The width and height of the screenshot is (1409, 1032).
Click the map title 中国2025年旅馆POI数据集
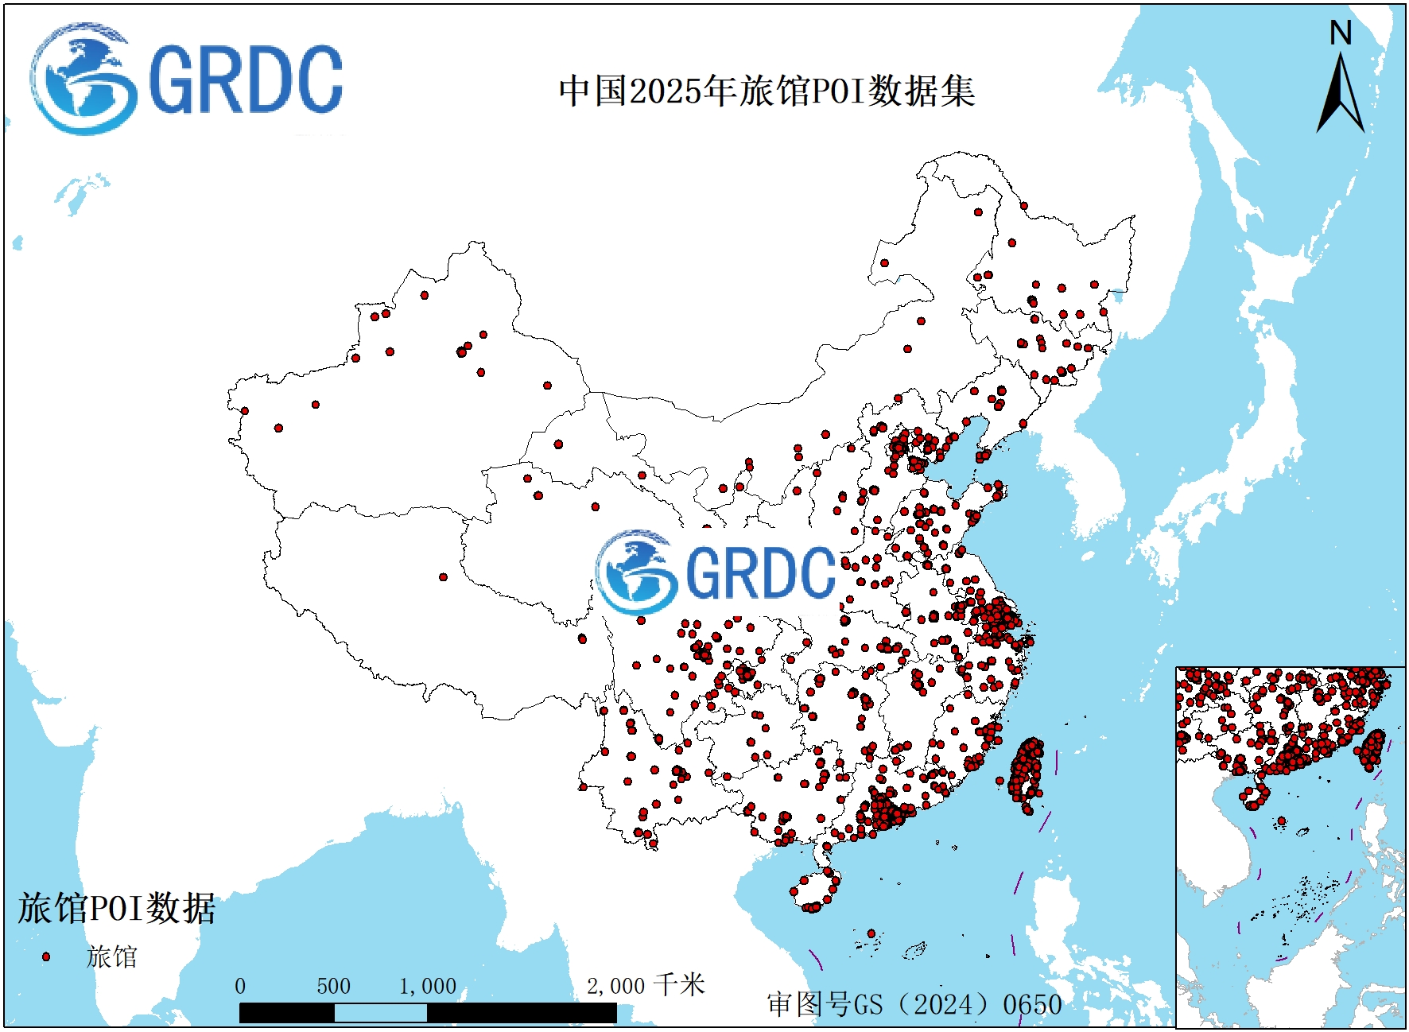point(767,91)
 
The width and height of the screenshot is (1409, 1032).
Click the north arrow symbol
point(1341,95)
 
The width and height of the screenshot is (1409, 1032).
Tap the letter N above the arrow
point(1341,33)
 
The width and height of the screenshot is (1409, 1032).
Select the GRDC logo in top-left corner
point(187,79)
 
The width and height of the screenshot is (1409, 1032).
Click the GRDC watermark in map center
point(716,572)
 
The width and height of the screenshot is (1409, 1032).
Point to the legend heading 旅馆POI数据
point(117,908)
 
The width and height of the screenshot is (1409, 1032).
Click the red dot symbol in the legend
point(46,956)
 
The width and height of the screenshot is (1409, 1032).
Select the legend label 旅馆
point(112,956)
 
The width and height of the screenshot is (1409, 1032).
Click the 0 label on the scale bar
point(240,986)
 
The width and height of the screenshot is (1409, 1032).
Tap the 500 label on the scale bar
point(333,986)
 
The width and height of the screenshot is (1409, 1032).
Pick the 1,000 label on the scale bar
point(428,986)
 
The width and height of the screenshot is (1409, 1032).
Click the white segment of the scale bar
point(380,1012)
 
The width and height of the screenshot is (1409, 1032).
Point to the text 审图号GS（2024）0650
point(914,1004)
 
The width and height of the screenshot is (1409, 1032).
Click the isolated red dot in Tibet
point(443,577)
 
